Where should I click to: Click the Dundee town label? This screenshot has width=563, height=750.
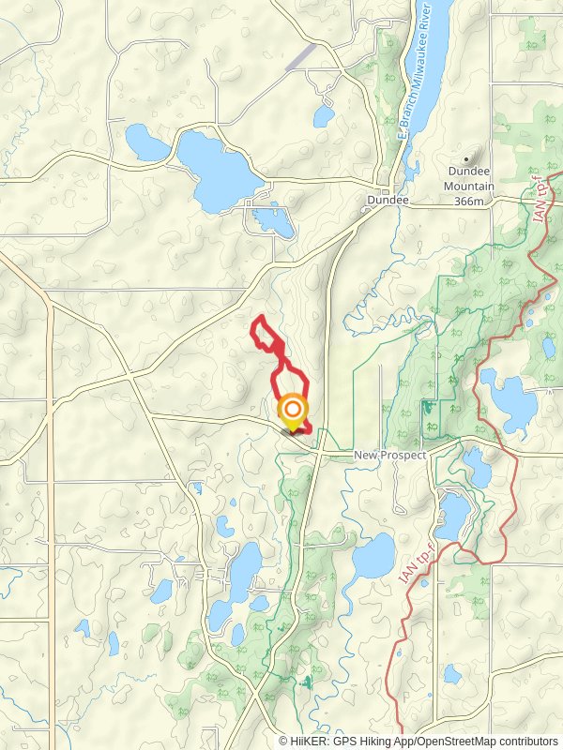(388, 201)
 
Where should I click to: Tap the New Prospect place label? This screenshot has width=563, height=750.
(390, 455)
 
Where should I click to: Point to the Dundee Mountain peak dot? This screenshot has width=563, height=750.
(466, 158)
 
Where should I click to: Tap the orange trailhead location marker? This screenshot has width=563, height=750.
(294, 411)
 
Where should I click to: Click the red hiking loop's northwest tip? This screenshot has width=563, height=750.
(255, 325)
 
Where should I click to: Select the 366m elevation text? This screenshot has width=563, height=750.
(469, 200)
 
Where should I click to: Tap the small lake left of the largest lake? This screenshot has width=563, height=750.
(147, 143)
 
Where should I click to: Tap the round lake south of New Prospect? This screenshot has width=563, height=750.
(374, 556)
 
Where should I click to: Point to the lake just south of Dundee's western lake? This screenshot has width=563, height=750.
(273, 221)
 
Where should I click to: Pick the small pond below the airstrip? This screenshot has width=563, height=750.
(324, 116)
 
